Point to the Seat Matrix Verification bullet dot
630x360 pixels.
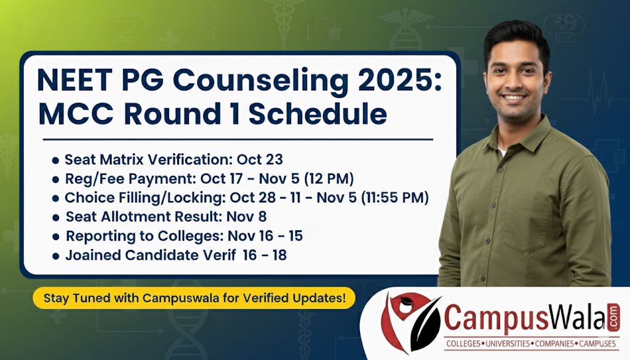(x=55, y=160)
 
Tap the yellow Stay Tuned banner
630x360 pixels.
(x=194, y=298)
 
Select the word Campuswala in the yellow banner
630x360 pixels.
(x=173, y=298)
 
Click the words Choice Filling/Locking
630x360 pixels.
(x=145, y=198)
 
